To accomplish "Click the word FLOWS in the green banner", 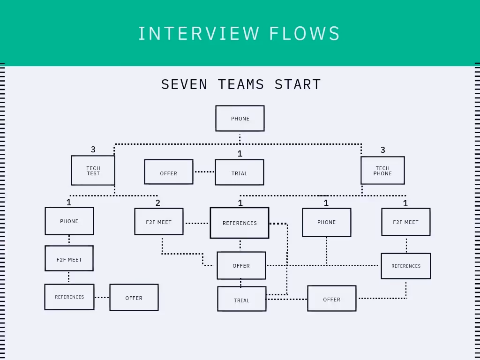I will [x=305, y=34].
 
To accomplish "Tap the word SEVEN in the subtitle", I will [x=184, y=84].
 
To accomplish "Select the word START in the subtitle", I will [x=298, y=84].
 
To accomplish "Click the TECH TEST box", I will [x=93, y=171].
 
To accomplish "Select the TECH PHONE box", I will [x=382, y=171].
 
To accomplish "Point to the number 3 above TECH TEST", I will [x=93, y=150].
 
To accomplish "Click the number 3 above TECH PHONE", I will [x=383, y=150].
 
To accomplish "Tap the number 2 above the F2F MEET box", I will [x=158, y=203].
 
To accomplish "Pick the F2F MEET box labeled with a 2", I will [x=158, y=222].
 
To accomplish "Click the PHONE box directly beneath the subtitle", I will [x=240, y=119].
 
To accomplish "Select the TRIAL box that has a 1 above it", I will [x=239, y=172].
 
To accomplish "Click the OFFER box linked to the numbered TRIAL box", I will [x=169, y=172].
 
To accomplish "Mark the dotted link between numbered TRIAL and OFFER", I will [x=204, y=172].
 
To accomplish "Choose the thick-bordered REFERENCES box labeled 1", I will [x=240, y=223].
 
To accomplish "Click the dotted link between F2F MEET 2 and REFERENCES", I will [x=196, y=224].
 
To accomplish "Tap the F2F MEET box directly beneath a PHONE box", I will [x=69, y=259].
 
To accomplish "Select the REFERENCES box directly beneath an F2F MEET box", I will [x=69, y=297].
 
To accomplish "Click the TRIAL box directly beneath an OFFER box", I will [x=241, y=300].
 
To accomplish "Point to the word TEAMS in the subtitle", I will [x=241, y=84].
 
